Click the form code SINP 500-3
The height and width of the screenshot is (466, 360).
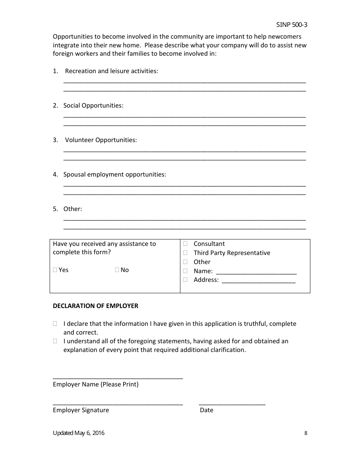(292, 25)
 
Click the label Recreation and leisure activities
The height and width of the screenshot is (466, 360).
(111, 71)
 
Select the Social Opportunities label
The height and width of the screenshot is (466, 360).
(93, 105)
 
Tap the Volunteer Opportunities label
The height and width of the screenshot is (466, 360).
(101, 140)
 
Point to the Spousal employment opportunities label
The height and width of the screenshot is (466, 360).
(114, 174)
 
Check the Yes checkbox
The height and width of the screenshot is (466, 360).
(55, 270)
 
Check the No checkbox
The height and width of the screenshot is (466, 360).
(117, 270)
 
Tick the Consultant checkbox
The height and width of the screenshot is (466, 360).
(185, 244)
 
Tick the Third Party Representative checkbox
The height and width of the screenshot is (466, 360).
(185, 253)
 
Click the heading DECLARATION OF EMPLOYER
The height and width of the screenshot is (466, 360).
(95, 306)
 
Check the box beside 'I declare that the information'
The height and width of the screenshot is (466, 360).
(55, 324)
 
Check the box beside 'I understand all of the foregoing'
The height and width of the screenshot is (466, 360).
(55, 341)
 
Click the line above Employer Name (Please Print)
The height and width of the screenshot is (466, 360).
(118, 377)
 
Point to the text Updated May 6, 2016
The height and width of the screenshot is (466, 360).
(78, 433)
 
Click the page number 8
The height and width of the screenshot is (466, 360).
(306, 433)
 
